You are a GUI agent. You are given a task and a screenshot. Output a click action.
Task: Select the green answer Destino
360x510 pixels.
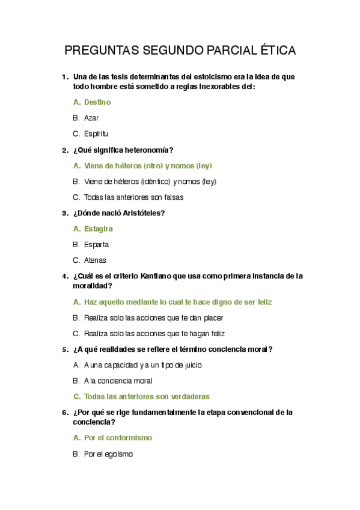pos(97,102)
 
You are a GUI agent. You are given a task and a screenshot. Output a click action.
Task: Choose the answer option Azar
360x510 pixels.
pos(91,118)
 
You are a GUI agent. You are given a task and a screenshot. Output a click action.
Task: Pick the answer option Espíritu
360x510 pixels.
pos(96,134)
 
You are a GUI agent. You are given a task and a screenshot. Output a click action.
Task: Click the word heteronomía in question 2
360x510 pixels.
pos(150,150)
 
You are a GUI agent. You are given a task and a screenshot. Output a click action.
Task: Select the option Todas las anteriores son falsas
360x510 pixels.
pos(133,197)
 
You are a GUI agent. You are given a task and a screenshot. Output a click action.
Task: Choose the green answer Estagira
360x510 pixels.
pos(99,229)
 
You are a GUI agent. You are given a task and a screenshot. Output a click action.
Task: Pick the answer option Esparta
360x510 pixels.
pos(96,245)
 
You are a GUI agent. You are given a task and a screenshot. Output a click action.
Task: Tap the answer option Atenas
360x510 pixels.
pos(95,260)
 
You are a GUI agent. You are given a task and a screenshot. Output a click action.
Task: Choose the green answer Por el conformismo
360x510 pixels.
pos(118,438)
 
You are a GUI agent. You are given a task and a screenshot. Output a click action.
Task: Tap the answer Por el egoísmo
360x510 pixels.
pos(108,455)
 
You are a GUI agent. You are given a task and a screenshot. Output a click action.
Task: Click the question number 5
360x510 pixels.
pos(64,349)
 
